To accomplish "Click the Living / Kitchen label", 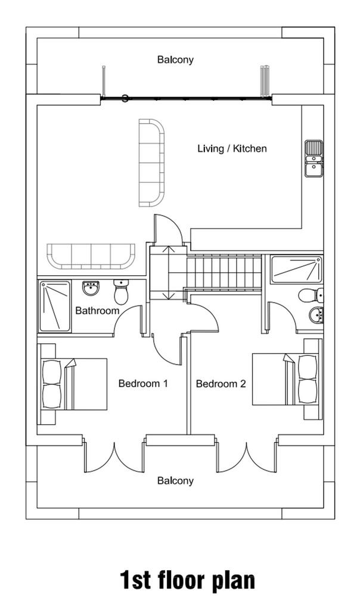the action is pos(232,148).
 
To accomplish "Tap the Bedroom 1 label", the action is pos(143,384).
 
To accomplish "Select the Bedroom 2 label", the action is pos(221,384).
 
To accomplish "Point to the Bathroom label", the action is pos(97,311).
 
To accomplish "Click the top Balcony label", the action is pos(175,60).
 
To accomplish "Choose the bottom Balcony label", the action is pos(175,481).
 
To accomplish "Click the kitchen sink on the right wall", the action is pos(314,158).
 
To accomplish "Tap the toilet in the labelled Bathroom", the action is pos(122,292).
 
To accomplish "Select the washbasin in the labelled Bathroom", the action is pos(91,288).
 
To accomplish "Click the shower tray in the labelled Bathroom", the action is pos(55,307).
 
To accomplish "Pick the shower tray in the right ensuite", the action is pos(297,269).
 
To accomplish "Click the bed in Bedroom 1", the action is pos(73,384).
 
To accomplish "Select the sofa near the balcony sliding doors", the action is pos(152,163).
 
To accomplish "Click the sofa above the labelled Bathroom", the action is pos(91,256).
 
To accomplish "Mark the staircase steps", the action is pos(224,272).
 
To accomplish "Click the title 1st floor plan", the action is pos(187,580).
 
